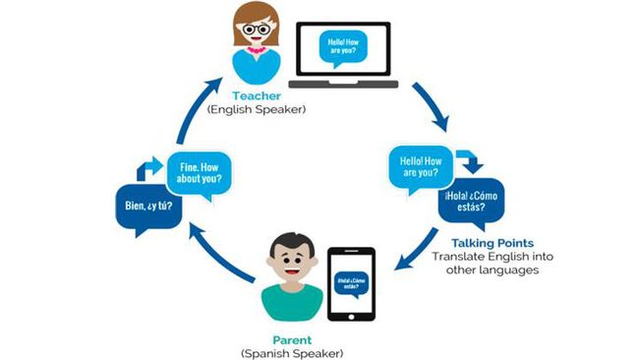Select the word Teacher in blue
[257, 96]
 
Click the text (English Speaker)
[257, 110]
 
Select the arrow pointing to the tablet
[413, 252]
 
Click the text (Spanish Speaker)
[291, 351]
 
